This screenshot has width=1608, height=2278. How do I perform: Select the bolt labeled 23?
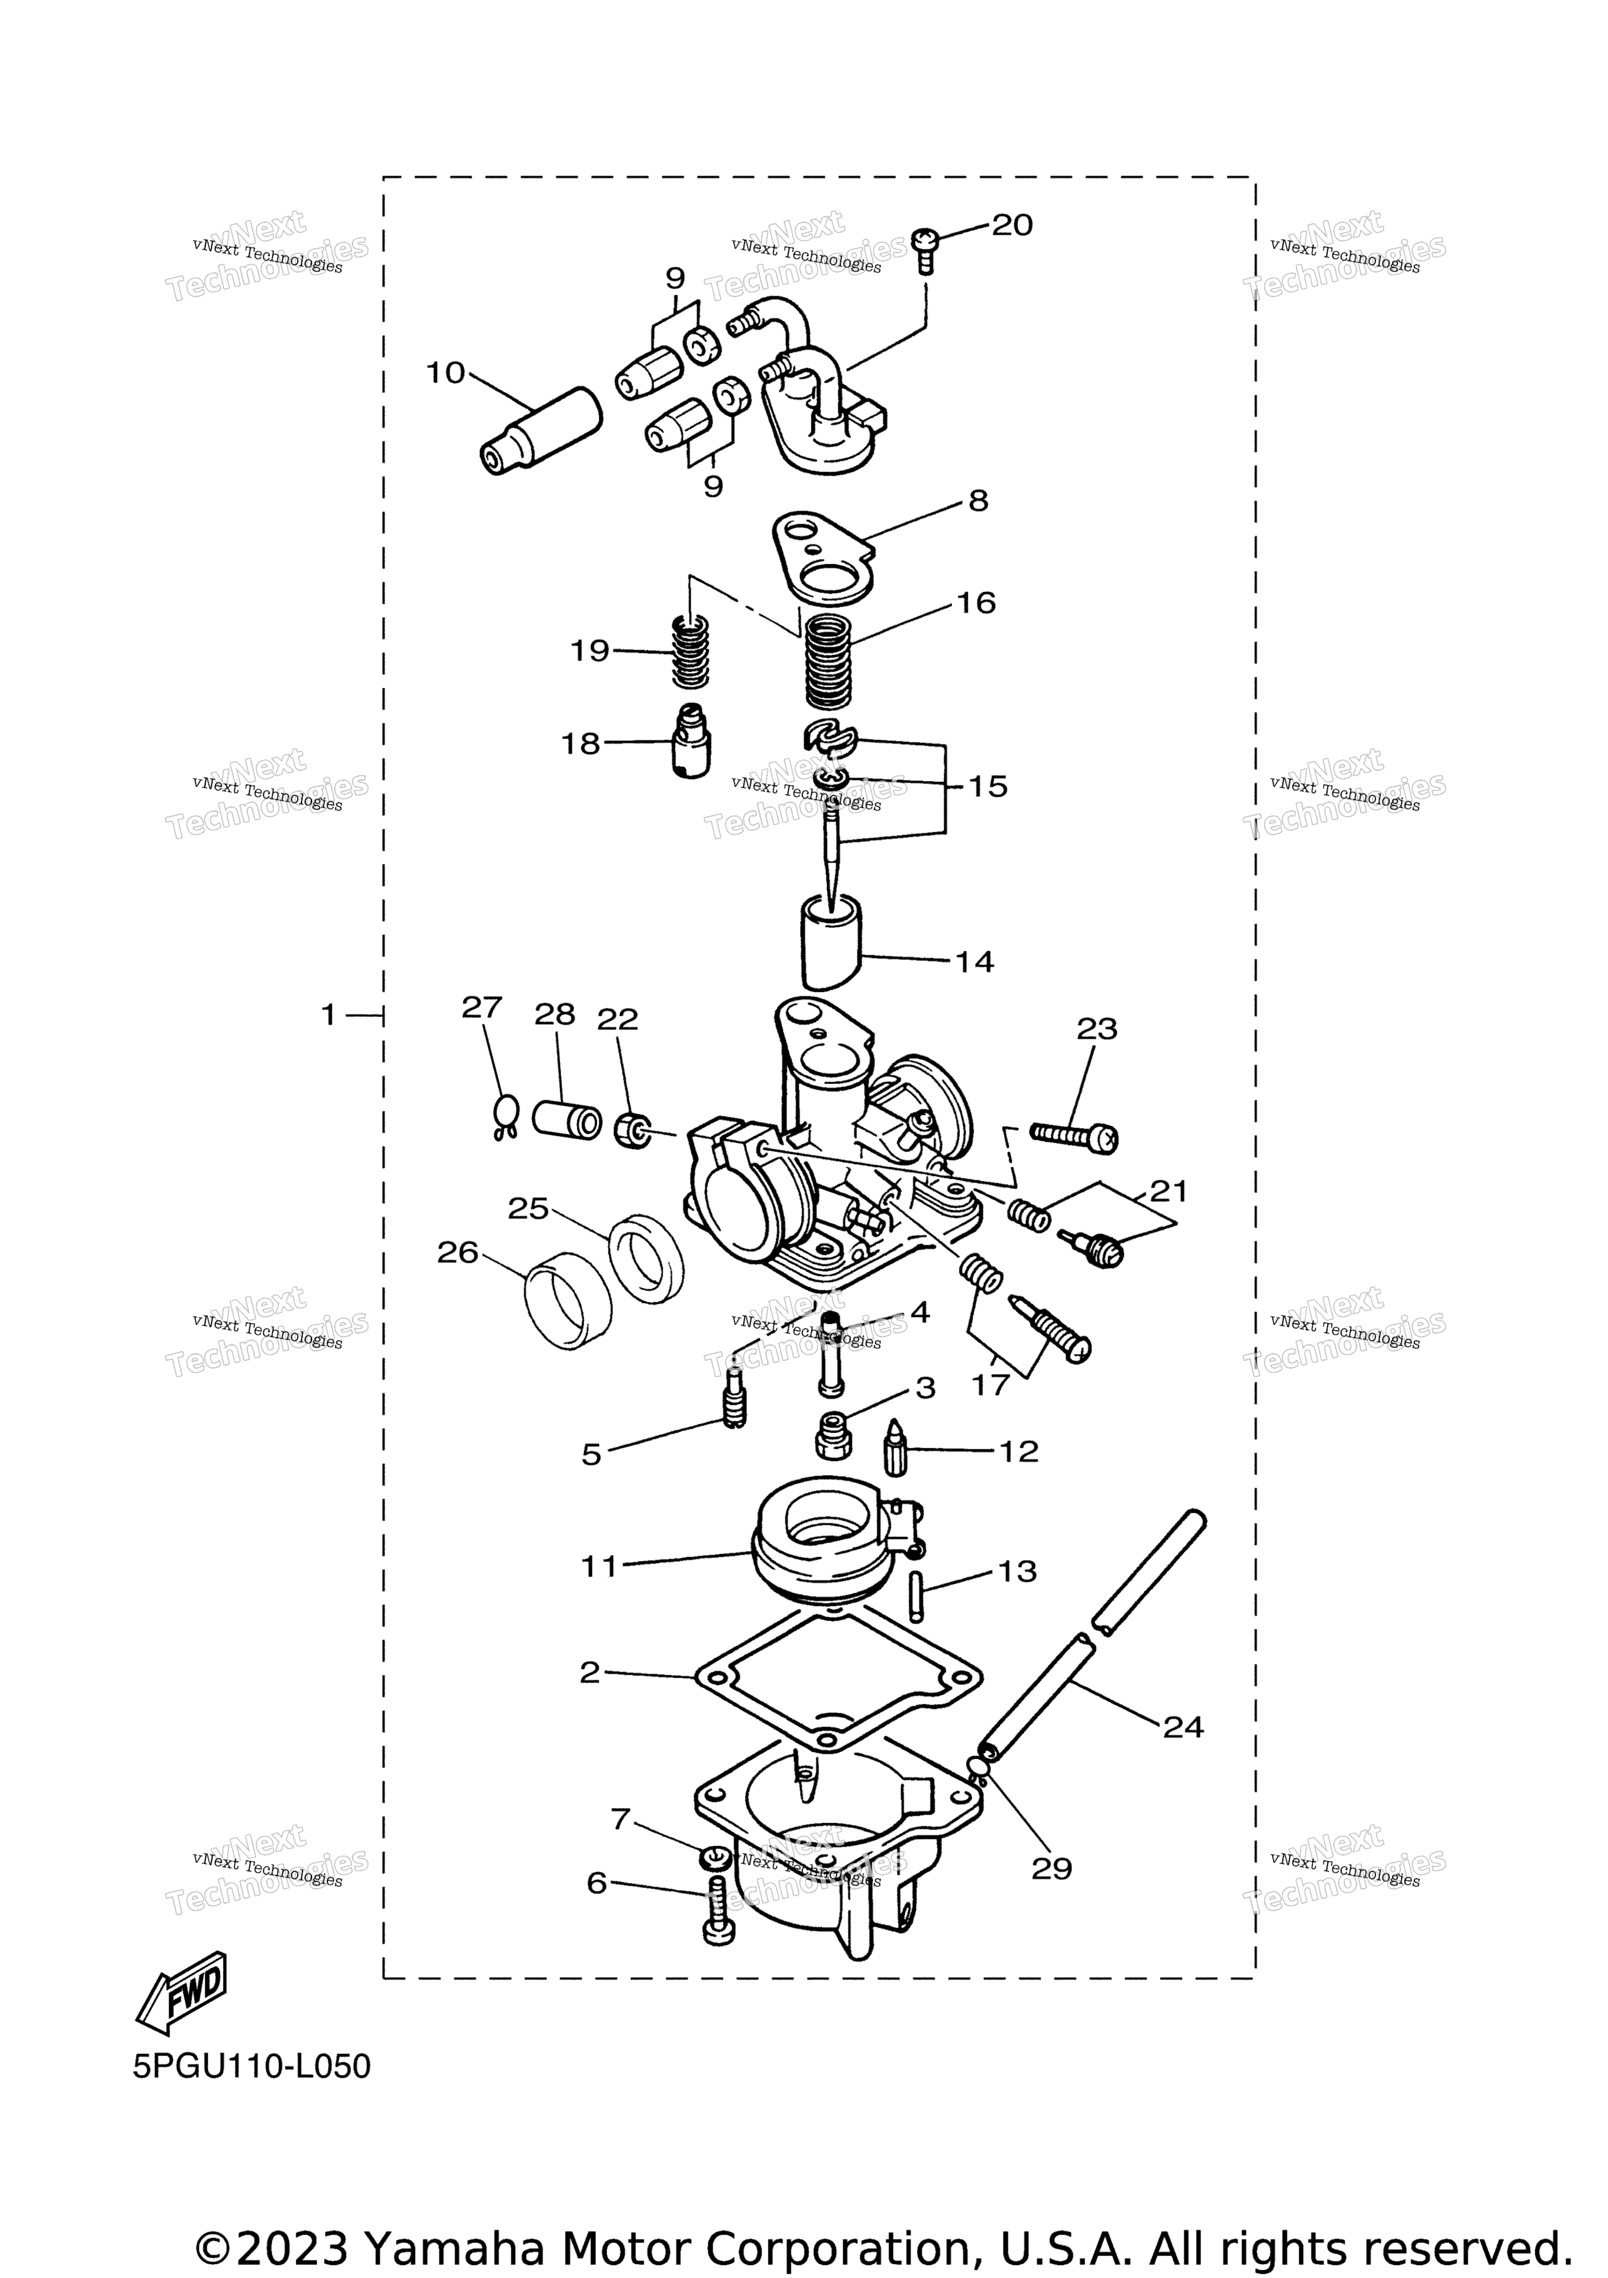1074,1135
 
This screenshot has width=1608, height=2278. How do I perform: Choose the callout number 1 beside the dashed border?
328,1015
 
